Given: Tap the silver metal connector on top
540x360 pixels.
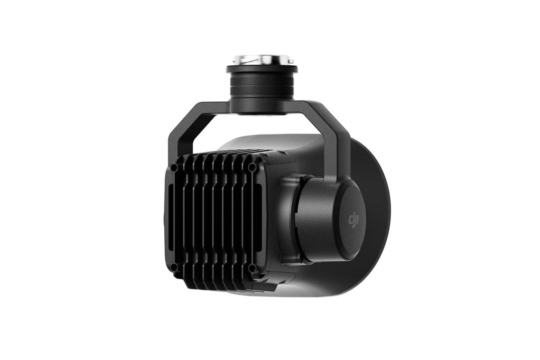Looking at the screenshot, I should point(261,60).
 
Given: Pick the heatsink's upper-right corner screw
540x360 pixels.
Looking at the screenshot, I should point(252,167).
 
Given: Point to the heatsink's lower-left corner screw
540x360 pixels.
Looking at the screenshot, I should point(175,267).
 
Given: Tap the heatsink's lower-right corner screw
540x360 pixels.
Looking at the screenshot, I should point(252,268).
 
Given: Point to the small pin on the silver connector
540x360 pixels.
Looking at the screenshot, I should point(292,61).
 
